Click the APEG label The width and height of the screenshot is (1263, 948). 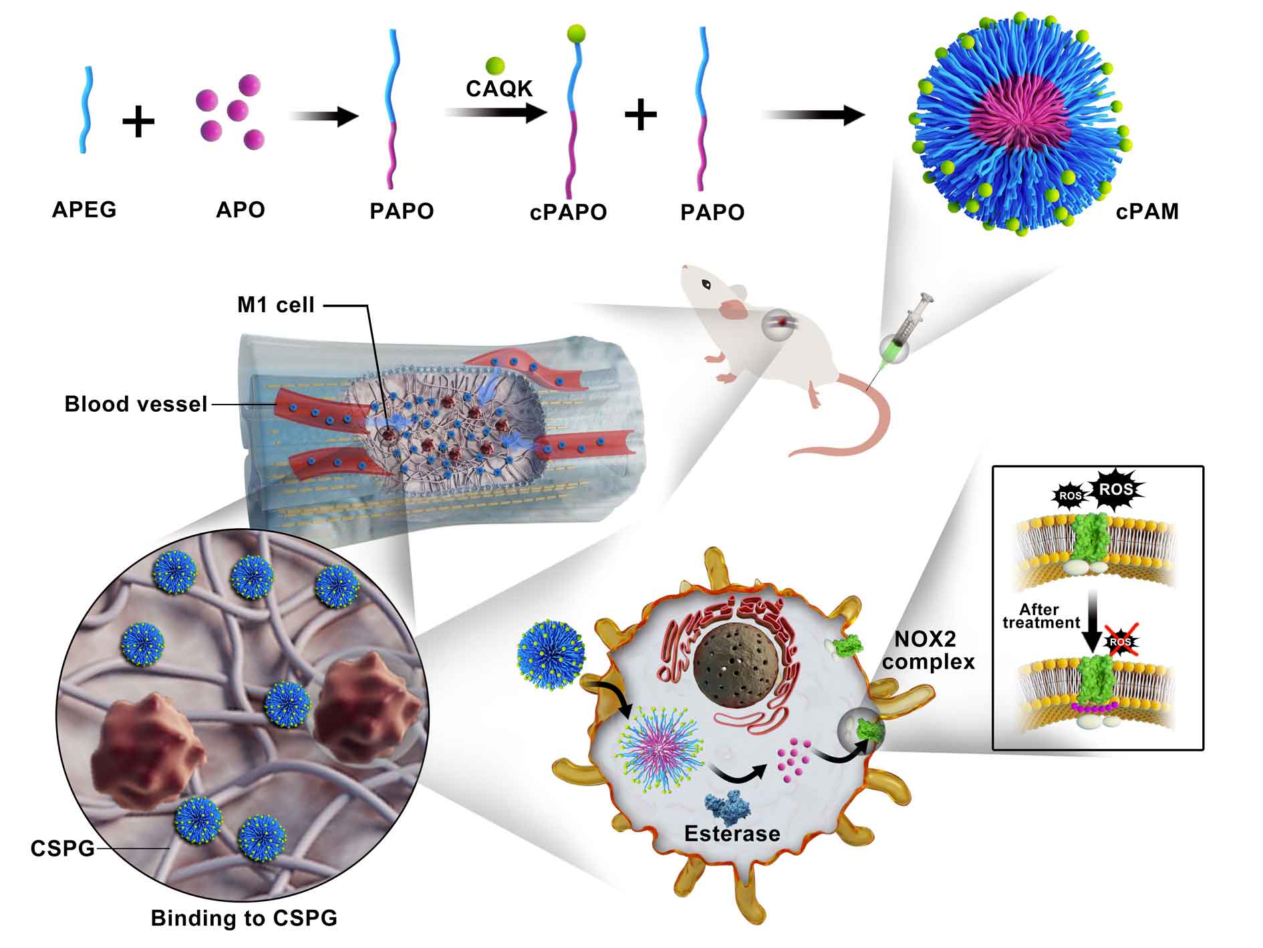(x=84, y=210)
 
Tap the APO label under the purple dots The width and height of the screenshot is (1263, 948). (x=241, y=210)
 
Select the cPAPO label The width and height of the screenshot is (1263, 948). (x=569, y=213)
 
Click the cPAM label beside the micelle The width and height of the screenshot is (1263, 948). (x=1147, y=212)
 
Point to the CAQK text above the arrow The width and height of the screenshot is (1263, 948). (x=499, y=89)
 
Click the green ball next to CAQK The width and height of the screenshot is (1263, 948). (x=495, y=65)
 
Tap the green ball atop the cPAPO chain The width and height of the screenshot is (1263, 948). (x=577, y=33)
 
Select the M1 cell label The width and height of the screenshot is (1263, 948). (x=276, y=306)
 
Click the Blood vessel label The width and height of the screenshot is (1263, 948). (x=136, y=404)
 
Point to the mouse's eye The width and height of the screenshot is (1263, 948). (x=706, y=284)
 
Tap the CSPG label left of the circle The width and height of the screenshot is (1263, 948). (x=63, y=849)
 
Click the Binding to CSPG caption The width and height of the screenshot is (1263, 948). (x=244, y=918)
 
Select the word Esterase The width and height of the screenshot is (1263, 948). (x=732, y=834)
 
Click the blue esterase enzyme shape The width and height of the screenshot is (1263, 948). (x=729, y=805)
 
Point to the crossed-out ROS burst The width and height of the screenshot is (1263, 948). (x=1121, y=643)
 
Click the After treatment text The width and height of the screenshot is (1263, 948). (x=1041, y=616)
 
